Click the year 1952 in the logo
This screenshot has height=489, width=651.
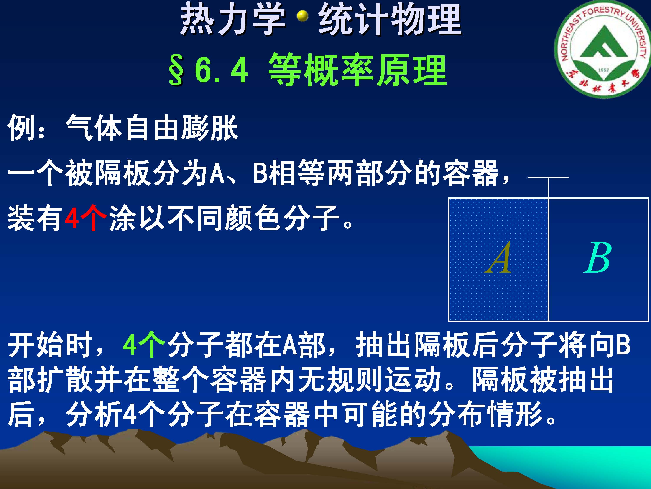pos(603,70)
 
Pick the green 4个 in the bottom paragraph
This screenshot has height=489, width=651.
pos(144,344)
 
